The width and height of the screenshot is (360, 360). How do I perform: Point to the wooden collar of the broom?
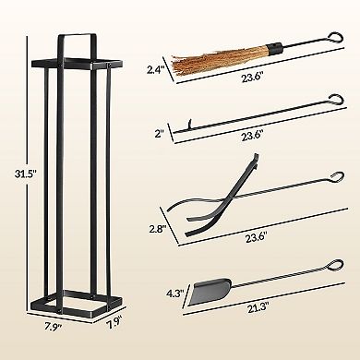272,44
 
